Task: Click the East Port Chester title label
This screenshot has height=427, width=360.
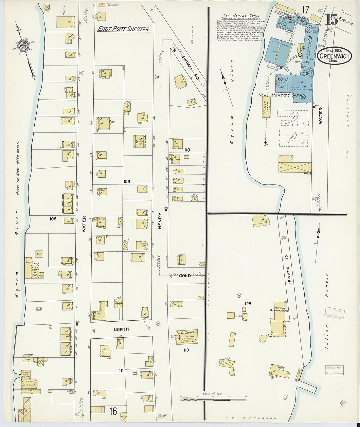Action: click(x=123, y=29)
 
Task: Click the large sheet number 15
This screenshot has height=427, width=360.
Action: click(x=332, y=20)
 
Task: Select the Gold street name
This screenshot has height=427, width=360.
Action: click(x=185, y=276)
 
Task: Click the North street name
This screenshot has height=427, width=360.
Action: click(x=121, y=329)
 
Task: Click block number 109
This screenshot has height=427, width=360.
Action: click(x=127, y=181)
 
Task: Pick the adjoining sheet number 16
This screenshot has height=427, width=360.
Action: click(x=113, y=411)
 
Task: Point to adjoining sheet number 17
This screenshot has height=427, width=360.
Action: click(x=306, y=10)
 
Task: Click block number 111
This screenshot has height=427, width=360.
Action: click(x=121, y=370)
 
